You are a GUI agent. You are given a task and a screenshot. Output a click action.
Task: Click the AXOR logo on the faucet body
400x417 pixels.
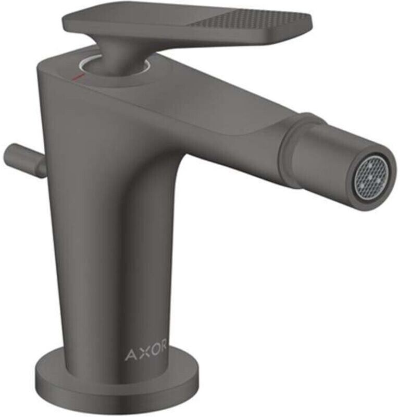[145, 355]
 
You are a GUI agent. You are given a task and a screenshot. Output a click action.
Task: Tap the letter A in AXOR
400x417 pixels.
[131, 355]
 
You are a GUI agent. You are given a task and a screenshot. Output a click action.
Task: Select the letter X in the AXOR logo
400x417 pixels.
[141, 355]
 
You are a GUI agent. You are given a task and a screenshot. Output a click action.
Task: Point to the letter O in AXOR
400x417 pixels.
[153, 355]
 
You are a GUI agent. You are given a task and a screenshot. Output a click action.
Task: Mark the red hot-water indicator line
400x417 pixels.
[78, 78]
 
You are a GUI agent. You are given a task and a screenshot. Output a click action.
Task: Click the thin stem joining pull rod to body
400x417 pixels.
[41, 166]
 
